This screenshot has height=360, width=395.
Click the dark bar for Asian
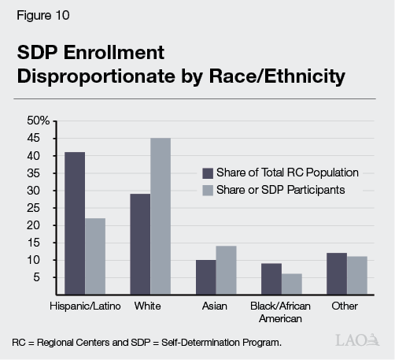[x=205, y=276]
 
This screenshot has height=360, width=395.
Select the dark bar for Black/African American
[x=271, y=278]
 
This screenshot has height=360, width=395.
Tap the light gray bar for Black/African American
[x=291, y=284]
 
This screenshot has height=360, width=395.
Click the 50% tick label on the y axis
[x=38, y=121]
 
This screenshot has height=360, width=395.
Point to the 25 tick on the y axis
[x=42, y=208]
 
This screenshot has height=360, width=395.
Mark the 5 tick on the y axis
[x=46, y=277]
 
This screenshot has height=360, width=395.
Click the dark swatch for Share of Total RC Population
[x=208, y=173]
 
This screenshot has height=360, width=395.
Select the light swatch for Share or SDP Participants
[x=208, y=190]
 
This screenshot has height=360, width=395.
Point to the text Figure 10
[x=37, y=14]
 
